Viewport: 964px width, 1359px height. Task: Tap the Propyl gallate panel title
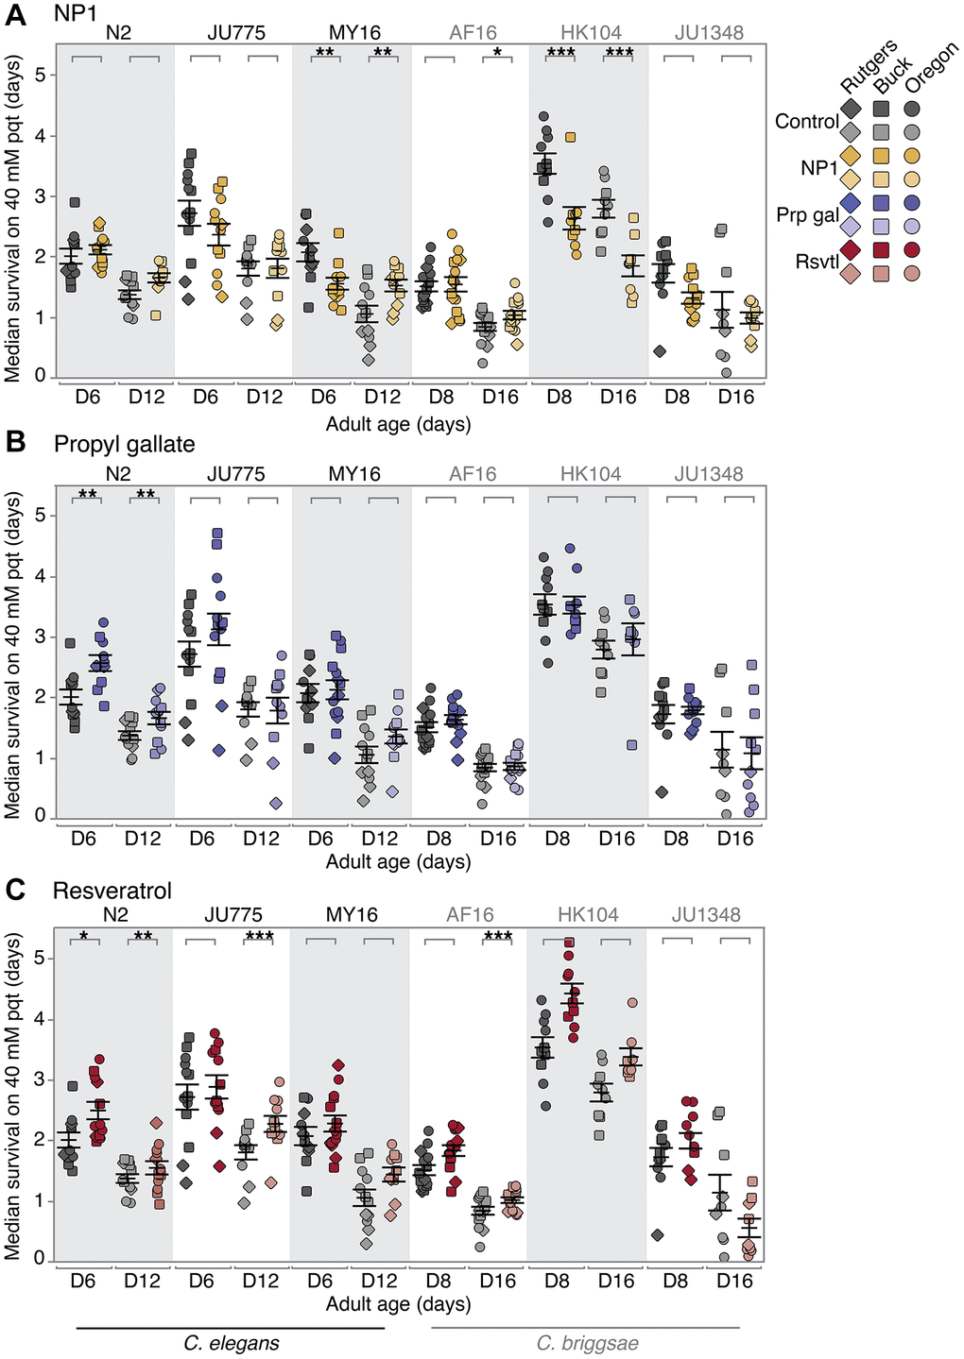tap(124, 444)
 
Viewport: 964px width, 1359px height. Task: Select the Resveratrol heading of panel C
tap(112, 891)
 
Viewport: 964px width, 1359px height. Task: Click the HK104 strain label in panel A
tap(591, 33)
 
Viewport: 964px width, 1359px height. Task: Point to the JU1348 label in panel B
tap(709, 474)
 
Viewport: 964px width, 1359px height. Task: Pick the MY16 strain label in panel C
tap(352, 915)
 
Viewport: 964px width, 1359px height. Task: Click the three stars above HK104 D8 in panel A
tap(560, 52)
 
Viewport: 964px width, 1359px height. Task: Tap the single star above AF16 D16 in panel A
tap(497, 52)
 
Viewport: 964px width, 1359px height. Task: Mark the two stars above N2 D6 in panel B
tap(87, 494)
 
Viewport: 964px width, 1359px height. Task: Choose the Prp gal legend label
tap(807, 214)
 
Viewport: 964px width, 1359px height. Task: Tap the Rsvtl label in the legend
tap(817, 262)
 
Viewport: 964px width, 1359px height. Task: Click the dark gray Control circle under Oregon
tap(913, 109)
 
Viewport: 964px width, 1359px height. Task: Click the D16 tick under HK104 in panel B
tap(617, 839)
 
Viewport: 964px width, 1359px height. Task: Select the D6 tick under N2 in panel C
tap(83, 1281)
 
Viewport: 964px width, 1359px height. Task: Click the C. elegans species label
tap(232, 1343)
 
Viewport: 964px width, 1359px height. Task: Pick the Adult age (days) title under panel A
tap(398, 424)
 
